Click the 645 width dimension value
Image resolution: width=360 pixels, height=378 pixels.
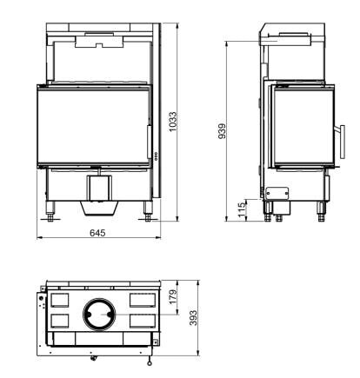tap(100, 232)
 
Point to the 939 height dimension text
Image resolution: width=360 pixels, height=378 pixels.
tap(223, 131)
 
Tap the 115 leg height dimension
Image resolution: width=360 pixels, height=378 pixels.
tap(243, 211)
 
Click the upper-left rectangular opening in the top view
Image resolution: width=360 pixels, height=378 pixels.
tap(62, 299)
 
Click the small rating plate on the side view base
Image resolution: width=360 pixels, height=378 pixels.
tap(277, 194)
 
